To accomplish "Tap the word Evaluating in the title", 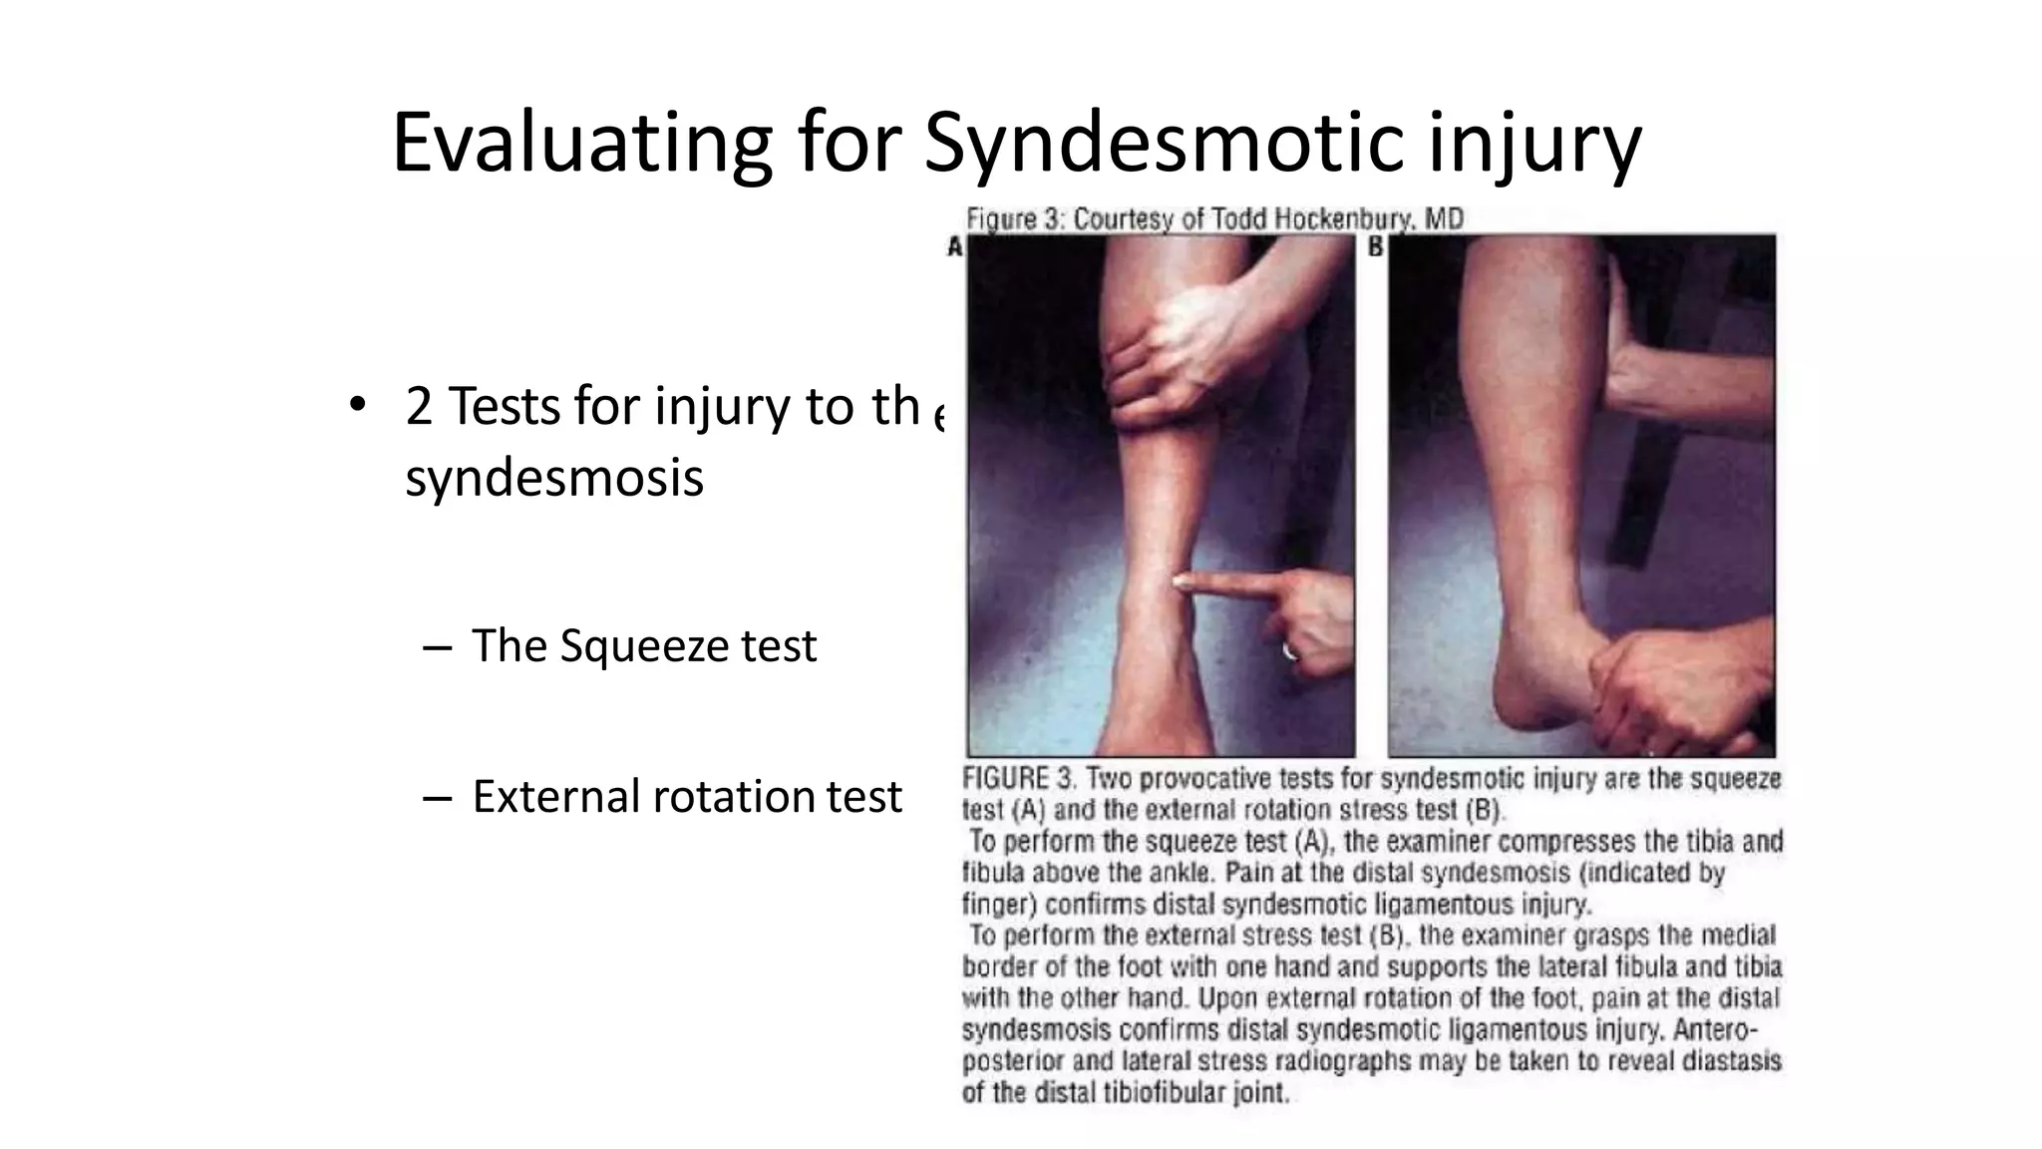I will [x=582, y=143].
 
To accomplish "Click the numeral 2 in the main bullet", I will [x=419, y=407].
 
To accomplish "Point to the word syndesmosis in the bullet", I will [x=554, y=478].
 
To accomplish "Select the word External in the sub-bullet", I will [x=556, y=796].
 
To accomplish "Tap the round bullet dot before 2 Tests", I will [x=357, y=406].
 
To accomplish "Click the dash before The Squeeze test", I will [x=437, y=648].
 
